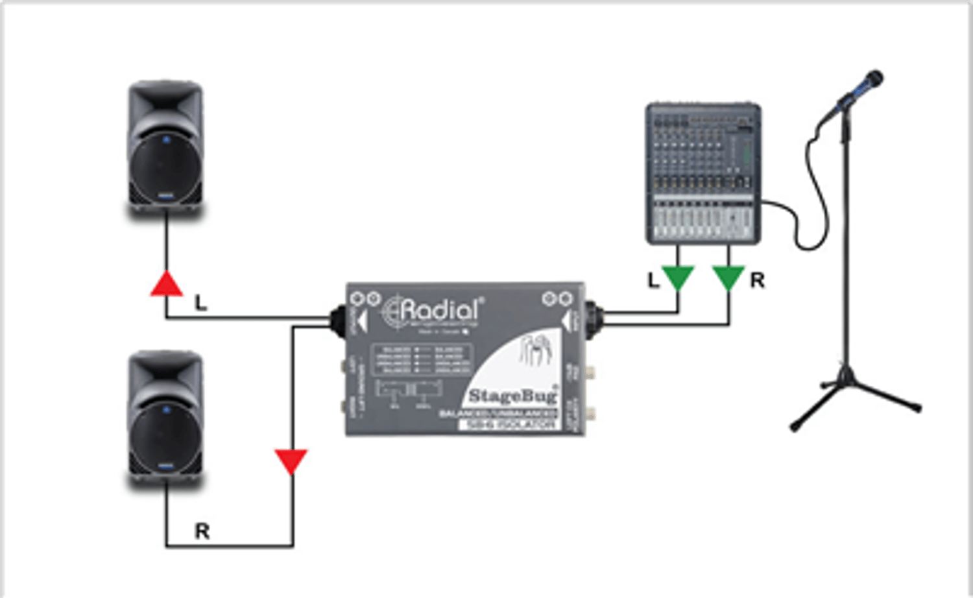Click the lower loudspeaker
click(165, 418)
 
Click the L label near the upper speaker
click(201, 303)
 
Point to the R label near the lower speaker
click(202, 531)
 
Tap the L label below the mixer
click(653, 280)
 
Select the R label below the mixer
click(757, 280)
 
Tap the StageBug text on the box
click(512, 395)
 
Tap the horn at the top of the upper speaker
click(165, 106)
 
